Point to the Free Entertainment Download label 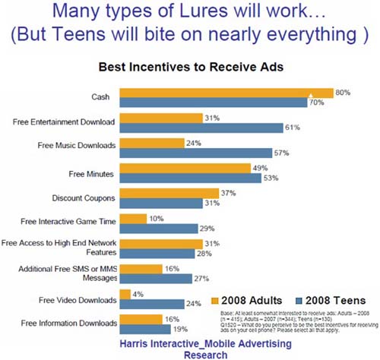63,122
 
